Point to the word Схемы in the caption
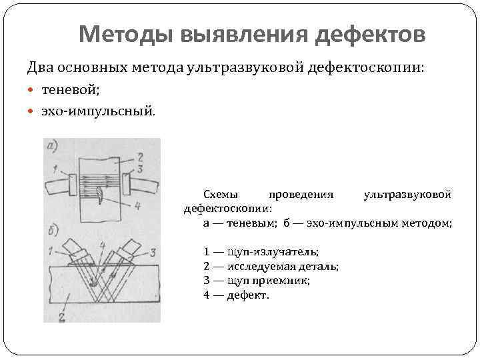(221, 194)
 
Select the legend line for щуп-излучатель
(261, 251)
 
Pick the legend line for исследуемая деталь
(271, 265)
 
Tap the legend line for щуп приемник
(257, 280)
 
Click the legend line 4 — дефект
(237, 295)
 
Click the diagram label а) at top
(51, 146)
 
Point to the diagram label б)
(52, 233)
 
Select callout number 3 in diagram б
(153, 251)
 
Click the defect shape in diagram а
(99, 195)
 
